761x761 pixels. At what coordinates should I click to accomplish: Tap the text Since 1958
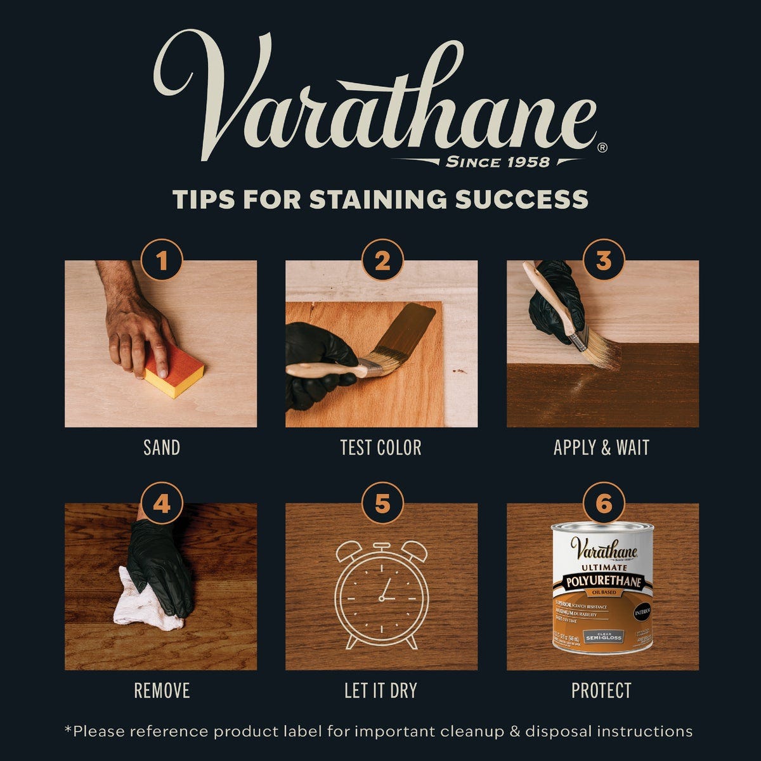498,162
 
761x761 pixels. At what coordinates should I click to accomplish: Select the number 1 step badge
162,260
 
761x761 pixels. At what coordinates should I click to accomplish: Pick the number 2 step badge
382,260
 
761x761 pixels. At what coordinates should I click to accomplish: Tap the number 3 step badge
603,260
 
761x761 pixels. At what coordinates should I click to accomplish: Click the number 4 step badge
162,504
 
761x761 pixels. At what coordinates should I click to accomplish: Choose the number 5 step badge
382,504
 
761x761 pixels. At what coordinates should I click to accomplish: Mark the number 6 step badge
603,504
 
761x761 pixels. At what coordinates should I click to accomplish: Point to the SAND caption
162,448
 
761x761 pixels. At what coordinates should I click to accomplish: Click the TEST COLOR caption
380,448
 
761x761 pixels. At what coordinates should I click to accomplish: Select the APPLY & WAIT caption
601,448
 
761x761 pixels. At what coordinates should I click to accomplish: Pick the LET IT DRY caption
380,691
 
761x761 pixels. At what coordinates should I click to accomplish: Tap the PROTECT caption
601,691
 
